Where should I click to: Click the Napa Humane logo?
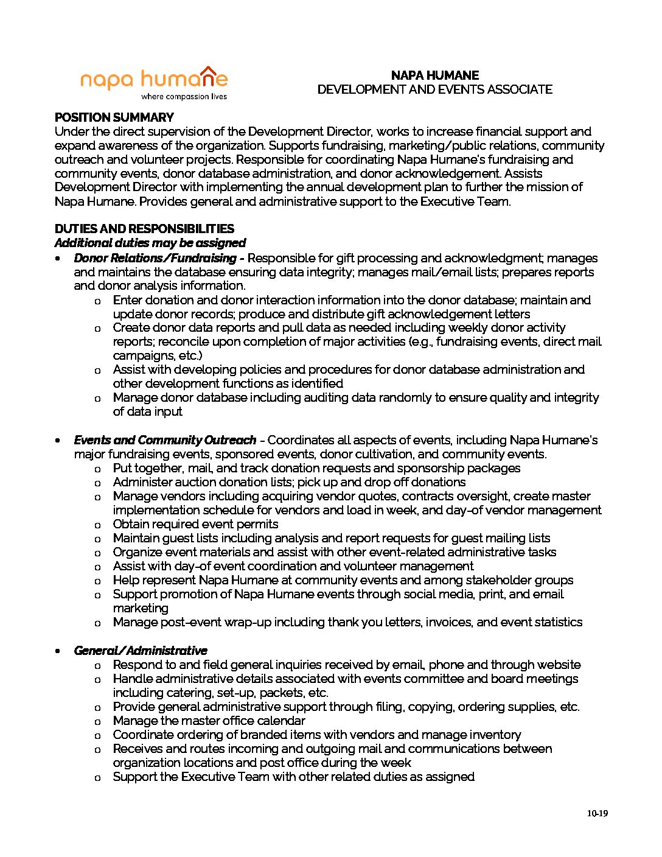(154, 79)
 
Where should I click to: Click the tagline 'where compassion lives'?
(184, 97)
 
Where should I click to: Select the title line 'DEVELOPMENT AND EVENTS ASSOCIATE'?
(434, 89)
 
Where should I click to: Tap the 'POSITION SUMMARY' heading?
(114, 117)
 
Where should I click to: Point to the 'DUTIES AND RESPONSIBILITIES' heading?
(144, 229)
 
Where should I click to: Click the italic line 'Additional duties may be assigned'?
(150, 243)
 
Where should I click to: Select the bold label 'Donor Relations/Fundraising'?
(155, 258)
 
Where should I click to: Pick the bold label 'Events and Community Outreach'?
(165, 440)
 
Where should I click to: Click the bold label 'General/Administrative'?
(141, 651)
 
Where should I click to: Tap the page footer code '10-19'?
(598, 814)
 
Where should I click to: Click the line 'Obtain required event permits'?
(195, 524)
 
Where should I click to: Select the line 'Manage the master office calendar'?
(209, 721)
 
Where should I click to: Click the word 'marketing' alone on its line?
(141, 608)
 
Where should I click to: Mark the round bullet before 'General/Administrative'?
(58, 651)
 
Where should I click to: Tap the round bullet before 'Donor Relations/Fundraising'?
(58, 259)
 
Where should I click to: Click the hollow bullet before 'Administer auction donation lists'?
(97, 483)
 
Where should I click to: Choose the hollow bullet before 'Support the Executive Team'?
(97, 778)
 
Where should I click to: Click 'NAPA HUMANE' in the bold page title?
(434, 75)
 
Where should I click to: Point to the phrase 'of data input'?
(147, 411)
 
